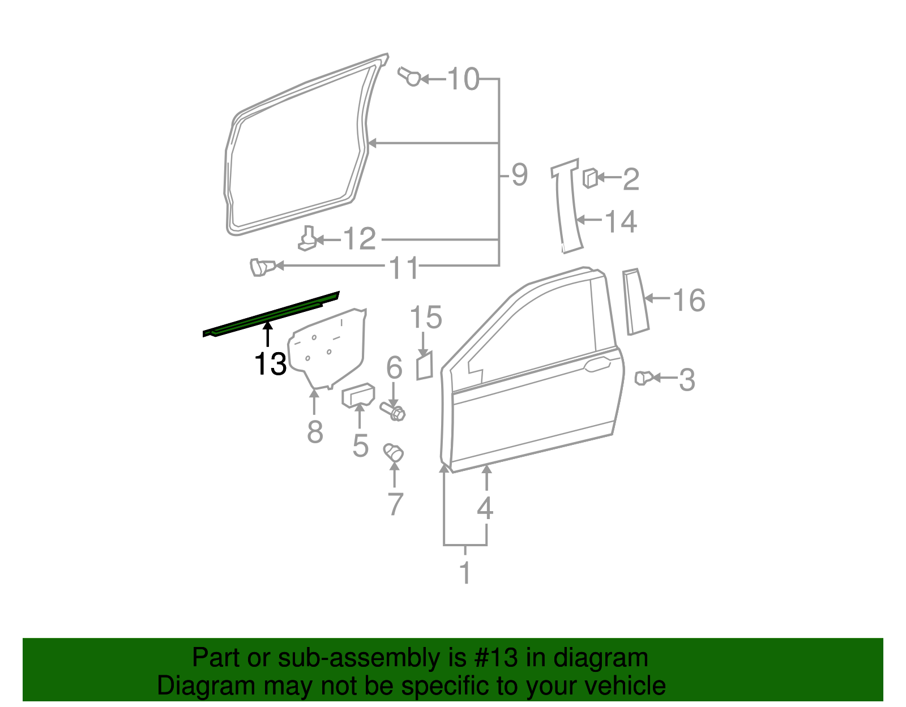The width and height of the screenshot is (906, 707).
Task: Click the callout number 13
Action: tap(270, 363)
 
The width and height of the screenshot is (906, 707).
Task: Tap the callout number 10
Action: tap(463, 79)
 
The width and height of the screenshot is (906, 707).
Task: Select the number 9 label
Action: tap(519, 175)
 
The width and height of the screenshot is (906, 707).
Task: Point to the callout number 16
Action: tap(689, 299)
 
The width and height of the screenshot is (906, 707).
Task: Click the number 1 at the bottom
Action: tap(465, 573)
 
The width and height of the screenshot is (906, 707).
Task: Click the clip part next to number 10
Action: tap(410, 76)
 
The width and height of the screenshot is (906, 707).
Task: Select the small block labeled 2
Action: tap(589, 178)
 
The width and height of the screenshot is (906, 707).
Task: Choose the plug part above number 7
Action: tap(394, 452)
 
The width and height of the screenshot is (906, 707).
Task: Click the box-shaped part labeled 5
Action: tap(358, 395)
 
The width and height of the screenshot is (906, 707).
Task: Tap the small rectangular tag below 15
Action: tap(425, 366)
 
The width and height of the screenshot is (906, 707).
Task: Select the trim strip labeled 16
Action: tap(635, 302)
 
